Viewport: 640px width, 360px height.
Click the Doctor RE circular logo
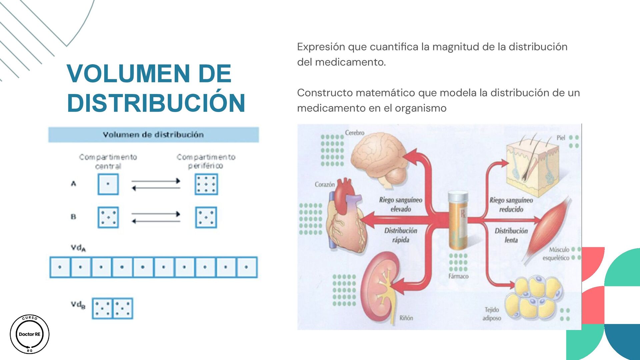tap(30, 334)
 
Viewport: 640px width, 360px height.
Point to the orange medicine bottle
tap(458, 220)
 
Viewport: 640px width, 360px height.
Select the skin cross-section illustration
tap(532, 163)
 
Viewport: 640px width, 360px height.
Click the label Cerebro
tap(355, 133)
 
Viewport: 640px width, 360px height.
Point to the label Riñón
tap(406, 318)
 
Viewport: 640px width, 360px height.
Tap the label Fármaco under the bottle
tap(458, 276)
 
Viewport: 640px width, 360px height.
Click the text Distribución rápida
tap(401, 235)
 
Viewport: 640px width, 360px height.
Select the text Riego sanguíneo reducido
tap(511, 204)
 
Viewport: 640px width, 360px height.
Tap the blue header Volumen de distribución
tap(153, 135)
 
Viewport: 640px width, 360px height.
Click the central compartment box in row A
tap(108, 184)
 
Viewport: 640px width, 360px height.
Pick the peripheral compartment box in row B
tap(206, 217)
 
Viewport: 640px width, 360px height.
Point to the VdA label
tap(78, 248)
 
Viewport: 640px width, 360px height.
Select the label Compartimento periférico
tap(206, 161)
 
